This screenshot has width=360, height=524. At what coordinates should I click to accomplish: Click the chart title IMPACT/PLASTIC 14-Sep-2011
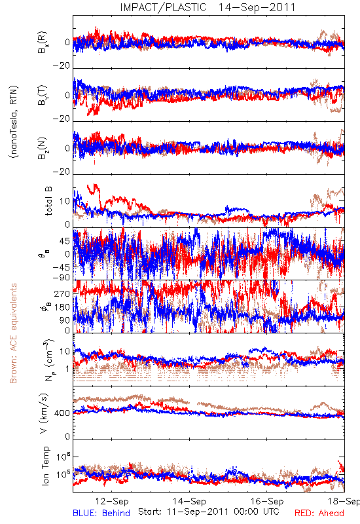pyautogui.click(x=207, y=7)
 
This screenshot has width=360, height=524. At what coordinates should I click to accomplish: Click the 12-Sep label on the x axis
pyautogui.click(x=112, y=501)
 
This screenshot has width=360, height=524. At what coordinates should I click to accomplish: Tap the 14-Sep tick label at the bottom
pyautogui.click(x=189, y=501)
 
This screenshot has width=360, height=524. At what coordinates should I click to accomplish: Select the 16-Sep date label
pyautogui.click(x=267, y=501)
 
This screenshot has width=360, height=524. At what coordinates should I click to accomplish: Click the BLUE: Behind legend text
pyautogui.click(x=101, y=513)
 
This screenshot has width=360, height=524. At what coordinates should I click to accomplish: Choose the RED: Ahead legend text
pyautogui.click(x=319, y=513)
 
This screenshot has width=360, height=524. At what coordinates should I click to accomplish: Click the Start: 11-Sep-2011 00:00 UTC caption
pyautogui.click(x=209, y=512)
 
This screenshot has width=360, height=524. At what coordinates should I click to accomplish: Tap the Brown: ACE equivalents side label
pyautogui.click(x=13, y=333)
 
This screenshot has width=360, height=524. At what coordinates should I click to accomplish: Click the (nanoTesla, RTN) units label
pyautogui.click(x=14, y=122)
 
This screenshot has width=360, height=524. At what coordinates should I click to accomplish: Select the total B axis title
pyautogui.click(x=48, y=201)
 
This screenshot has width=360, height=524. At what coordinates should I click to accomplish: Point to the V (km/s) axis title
pyautogui.click(x=44, y=413)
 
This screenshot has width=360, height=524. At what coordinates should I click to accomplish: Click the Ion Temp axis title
pyautogui.click(x=45, y=466)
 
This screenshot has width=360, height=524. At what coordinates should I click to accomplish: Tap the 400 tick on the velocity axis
pyautogui.click(x=62, y=413)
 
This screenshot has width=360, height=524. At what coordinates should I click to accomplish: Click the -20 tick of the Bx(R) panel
pyautogui.click(x=61, y=66)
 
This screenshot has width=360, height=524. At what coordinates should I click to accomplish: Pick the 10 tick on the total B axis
pyautogui.click(x=65, y=201)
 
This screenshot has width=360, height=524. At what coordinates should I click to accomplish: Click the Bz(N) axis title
pyautogui.click(x=43, y=148)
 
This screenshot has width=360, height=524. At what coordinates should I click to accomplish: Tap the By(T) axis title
pyautogui.click(x=43, y=95)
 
